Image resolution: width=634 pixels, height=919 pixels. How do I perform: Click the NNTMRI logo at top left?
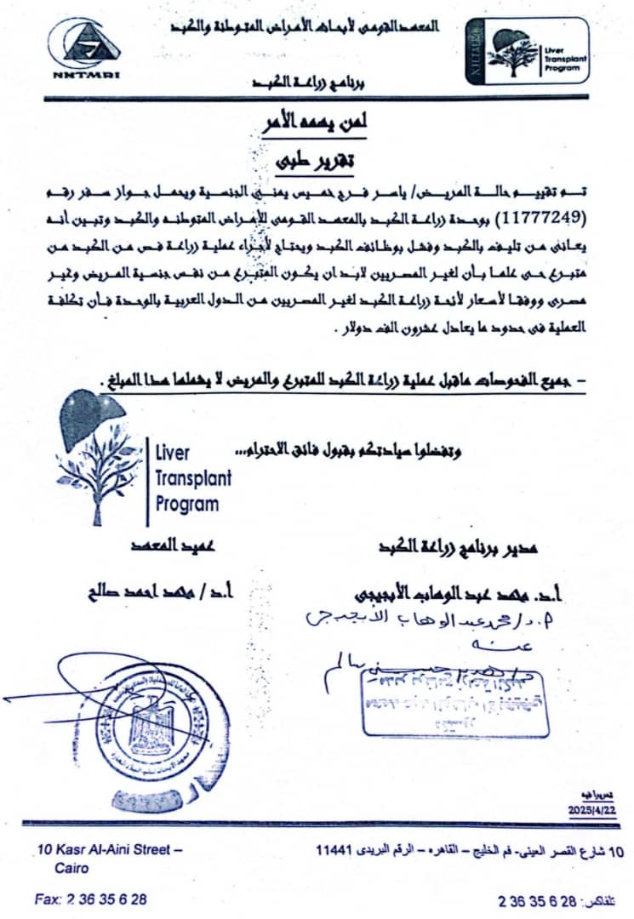[x=84, y=48]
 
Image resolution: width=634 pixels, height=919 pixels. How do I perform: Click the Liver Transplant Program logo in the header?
[x=527, y=49]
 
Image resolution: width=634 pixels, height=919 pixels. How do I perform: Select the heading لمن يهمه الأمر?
[x=317, y=124]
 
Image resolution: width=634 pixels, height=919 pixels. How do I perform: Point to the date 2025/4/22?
[x=591, y=811]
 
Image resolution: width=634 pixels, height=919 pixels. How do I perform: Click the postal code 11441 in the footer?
[x=335, y=850]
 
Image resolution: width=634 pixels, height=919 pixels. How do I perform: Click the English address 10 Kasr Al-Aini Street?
[x=110, y=849]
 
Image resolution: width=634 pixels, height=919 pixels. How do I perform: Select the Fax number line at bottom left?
[x=91, y=899]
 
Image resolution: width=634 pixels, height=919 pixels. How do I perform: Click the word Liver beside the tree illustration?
[x=174, y=452]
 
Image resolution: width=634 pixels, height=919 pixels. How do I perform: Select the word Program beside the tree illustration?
[x=187, y=504]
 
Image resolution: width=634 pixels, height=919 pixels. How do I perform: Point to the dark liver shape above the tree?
[x=94, y=414]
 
